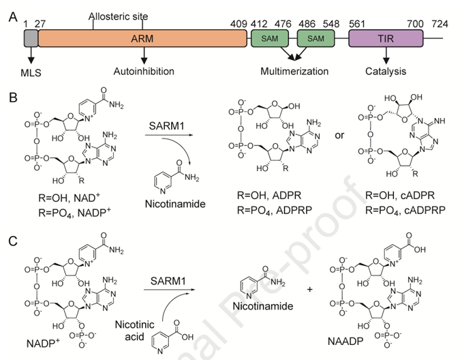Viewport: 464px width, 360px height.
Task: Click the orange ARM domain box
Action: [x=142, y=39]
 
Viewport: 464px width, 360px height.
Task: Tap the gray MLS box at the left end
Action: [x=31, y=39]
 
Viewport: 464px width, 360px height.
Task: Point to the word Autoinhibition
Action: [x=142, y=70]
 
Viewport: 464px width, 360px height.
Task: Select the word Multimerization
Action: [x=294, y=70]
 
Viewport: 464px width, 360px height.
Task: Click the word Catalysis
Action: [x=386, y=70]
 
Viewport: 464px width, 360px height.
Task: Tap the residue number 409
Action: [x=238, y=24]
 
